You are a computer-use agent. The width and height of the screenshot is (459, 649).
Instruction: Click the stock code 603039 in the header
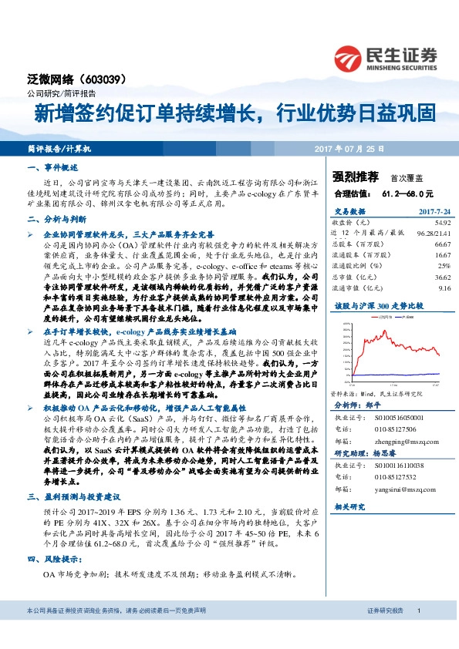[100, 79]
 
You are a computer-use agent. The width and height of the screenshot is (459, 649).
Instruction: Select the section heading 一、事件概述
[53, 167]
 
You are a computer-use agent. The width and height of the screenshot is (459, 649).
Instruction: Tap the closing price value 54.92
[440, 223]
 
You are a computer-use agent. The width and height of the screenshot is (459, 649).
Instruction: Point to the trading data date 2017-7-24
[433, 211]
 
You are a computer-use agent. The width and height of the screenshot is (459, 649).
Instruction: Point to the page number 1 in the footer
[419, 632]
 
